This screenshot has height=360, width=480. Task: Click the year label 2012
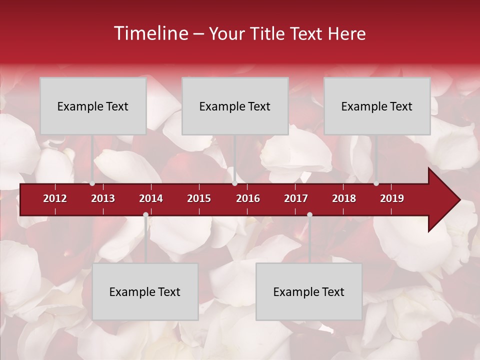tap(55, 198)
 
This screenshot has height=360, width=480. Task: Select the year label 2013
tap(103, 198)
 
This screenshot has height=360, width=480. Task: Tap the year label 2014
tap(151, 198)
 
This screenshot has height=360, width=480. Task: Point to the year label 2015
tap(199, 198)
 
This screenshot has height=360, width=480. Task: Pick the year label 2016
tap(248, 198)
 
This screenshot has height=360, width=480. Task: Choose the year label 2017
tap(296, 198)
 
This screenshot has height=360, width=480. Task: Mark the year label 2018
tap(344, 198)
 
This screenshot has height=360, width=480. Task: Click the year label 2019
tap(392, 198)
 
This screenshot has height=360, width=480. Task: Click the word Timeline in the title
tap(150, 33)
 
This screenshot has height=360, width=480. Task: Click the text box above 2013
tap(93, 106)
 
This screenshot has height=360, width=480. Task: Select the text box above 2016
tap(235, 106)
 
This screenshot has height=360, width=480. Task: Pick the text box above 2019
tap(377, 106)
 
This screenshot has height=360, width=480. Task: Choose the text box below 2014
tap(145, 291)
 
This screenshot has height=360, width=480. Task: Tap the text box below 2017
tap(309, 291)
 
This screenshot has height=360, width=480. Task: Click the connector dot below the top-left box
tap(92, 183)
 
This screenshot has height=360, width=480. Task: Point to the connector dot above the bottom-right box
tap(309, 215)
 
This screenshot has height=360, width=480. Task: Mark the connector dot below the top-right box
tap(376, 183)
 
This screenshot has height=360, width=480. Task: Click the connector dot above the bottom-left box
tap(145, 215)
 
